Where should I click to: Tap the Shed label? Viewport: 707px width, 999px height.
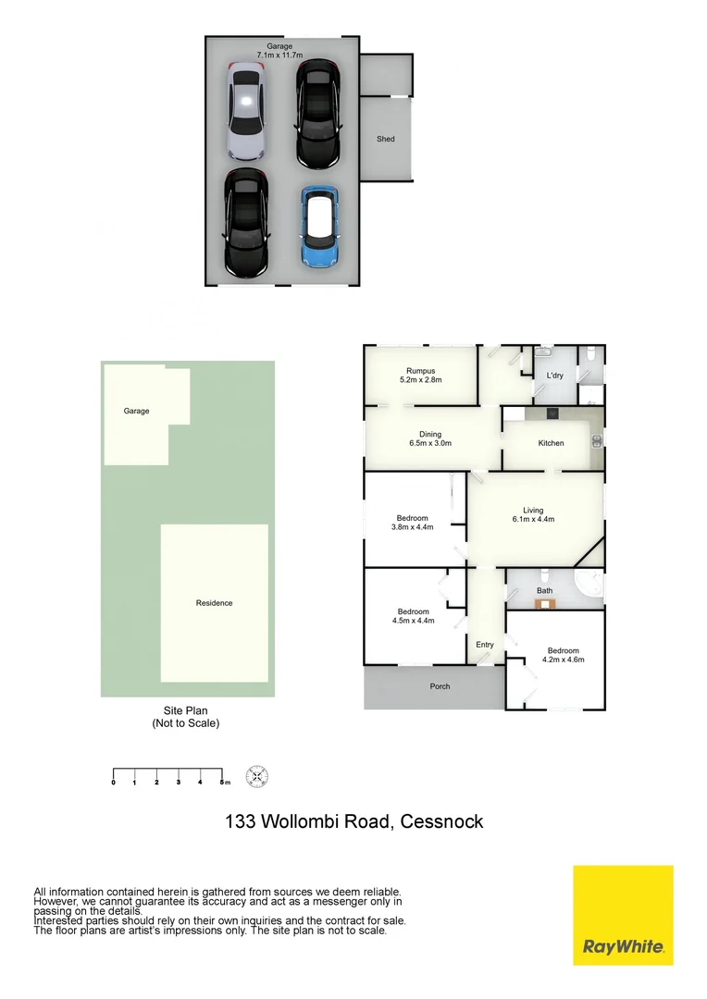385,139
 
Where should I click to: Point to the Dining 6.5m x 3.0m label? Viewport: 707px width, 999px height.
430,439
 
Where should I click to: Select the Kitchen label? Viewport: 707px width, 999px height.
551,443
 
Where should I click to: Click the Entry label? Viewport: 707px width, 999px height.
485,645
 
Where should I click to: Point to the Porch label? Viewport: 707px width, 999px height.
440,686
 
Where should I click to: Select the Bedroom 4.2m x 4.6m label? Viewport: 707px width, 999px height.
563,655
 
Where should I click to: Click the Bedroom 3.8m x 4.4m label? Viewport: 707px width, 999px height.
413,523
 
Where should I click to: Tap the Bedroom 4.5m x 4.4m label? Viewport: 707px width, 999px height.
414,616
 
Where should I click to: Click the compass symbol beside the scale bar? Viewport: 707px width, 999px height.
256,776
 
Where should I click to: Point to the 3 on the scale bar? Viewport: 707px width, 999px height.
178,783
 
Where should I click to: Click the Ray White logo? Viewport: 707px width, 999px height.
623,915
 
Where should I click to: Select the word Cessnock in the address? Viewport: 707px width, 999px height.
442,821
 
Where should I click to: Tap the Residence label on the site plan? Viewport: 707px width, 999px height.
214,603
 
